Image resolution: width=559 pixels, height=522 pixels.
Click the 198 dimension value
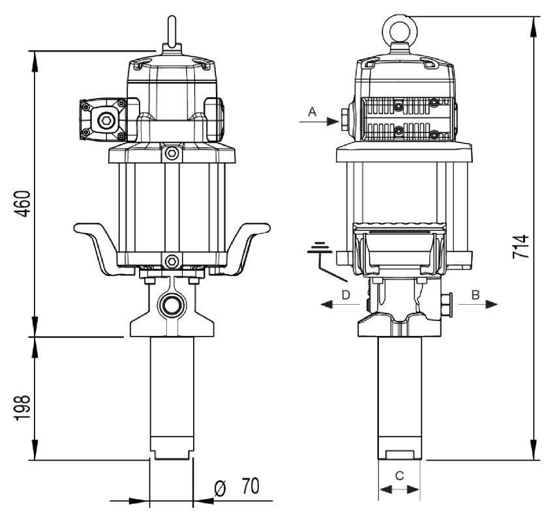[x=22, y=408]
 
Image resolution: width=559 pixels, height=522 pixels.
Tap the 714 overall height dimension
[x=520, y=247]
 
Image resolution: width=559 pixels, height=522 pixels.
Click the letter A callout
[x=312, y=112]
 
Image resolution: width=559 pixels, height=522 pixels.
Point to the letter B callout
[x=476, y=295]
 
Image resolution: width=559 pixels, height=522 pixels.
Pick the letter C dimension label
[x=400, y=475]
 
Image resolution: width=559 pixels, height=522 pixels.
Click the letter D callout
[x=346, y=295]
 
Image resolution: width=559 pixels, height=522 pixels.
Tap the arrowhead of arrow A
[x=333, y=121]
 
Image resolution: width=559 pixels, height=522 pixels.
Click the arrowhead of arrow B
[x=492, y=304]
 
